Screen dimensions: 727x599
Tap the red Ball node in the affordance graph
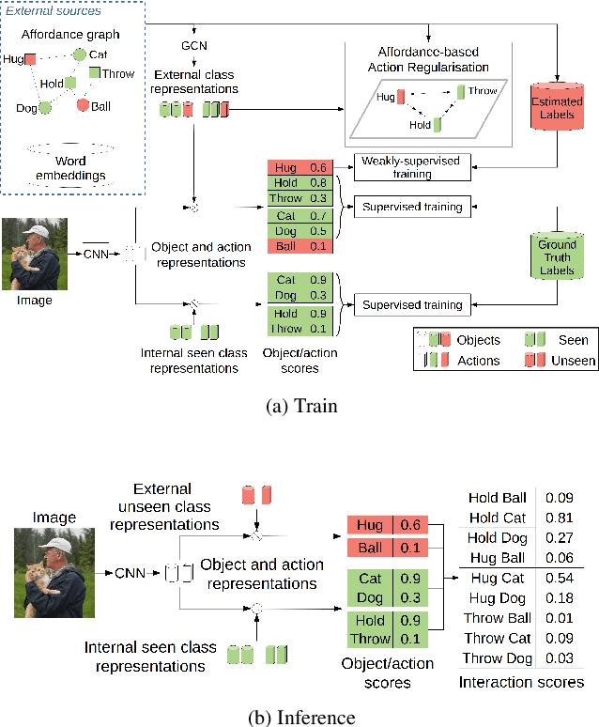point(83,104)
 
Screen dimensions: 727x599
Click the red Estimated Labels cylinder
point(558,101)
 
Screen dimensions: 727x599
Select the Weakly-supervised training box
point(410,167)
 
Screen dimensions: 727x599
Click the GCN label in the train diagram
point(195,45)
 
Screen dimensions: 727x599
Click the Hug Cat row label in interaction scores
point(497,578)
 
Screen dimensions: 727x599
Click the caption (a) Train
point(299,408)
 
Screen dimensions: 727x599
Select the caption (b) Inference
point(299,718)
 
